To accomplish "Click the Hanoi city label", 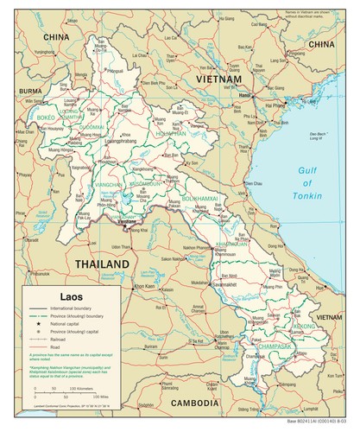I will pos(244,95).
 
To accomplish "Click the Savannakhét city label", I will pos(227,281).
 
